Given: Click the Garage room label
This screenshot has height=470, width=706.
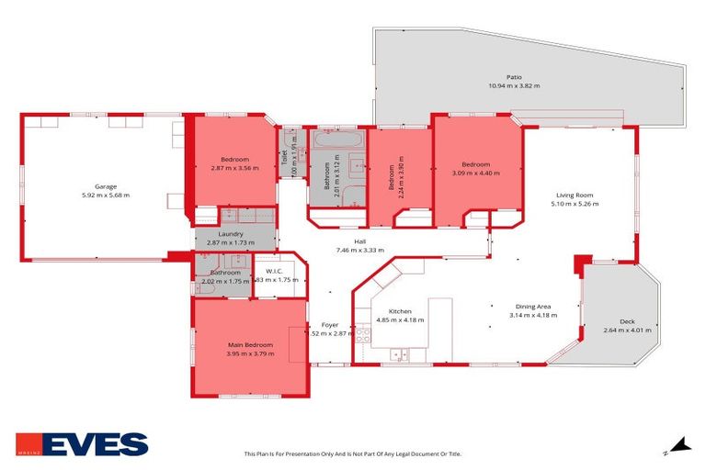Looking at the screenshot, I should tap(106, 186).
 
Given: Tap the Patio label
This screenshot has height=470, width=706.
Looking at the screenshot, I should tap(514, 77).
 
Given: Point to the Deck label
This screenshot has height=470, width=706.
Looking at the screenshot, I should tap(627, 321).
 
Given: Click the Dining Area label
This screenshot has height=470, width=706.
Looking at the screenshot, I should tap(530, 307).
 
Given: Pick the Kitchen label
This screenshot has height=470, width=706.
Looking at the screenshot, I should tap(400, 311).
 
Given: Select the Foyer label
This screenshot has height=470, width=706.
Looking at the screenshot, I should tap(328, 325).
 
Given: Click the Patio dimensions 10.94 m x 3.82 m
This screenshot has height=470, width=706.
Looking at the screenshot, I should tap(514, 85).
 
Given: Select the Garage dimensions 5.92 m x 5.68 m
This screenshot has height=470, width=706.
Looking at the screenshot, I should tap(106, 195).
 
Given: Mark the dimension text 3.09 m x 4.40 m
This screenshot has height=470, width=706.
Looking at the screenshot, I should tap(475, 173).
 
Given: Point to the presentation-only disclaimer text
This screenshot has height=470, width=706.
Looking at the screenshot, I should tap(353, 453).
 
